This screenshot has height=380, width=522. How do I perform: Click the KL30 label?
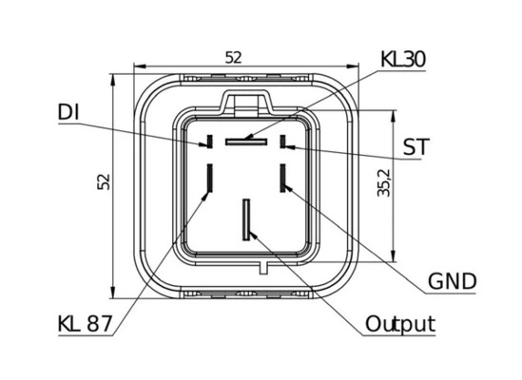tap(403, 59)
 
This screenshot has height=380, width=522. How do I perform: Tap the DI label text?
tap(68, 112)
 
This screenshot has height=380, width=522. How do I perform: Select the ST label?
tap(416, 146)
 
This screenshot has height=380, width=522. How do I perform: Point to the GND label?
tap(452, 281)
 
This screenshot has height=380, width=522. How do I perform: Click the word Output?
tap(400, 324)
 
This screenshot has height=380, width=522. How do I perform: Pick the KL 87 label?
tap(86, 323)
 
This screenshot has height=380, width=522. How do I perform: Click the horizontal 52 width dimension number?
tap(233, 58)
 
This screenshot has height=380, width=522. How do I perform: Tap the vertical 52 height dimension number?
tap(104, 181)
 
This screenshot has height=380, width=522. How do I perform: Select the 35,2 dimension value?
tap(384, 182)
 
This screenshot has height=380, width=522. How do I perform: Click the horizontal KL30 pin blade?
tap(246, 142)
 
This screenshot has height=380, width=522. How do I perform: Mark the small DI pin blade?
tap(210, 142)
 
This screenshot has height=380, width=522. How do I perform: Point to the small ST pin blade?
tap(283, 142)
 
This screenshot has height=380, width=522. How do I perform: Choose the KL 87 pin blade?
tap(210, 178)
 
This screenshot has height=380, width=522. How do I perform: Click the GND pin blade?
tap(283, 178)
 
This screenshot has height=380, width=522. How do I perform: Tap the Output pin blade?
tap(246, 220)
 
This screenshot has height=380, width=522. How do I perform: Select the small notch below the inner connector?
tap(263, 268)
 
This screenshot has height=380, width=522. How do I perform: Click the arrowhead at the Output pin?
tap(253, 235)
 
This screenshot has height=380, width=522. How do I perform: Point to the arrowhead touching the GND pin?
tap(289, 187)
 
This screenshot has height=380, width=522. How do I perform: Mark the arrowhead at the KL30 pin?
tap(249, 137)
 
